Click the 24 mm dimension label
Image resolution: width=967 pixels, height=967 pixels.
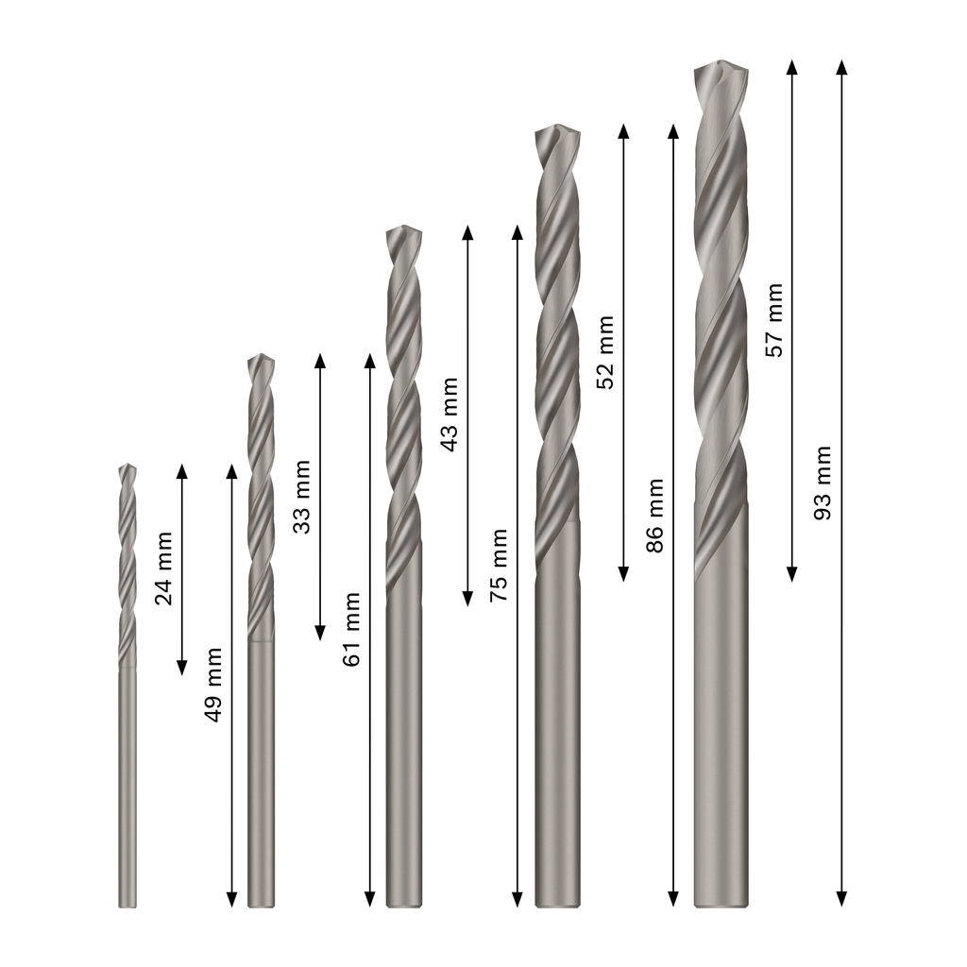(163, 568)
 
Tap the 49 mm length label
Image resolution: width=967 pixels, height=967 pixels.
(213, 685)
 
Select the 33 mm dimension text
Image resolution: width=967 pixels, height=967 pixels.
(301, 497)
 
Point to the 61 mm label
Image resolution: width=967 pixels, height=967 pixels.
(351, 629)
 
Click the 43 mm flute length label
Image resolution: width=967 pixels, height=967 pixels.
(450, 415)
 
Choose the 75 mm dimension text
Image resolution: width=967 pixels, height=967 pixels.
(499, 565)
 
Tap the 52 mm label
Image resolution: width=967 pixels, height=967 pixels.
(605, 352)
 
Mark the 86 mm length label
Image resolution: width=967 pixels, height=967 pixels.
(655, 516)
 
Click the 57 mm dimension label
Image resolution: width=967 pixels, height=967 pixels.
(774, 320)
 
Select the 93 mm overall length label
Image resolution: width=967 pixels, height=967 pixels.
(823, 483)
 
